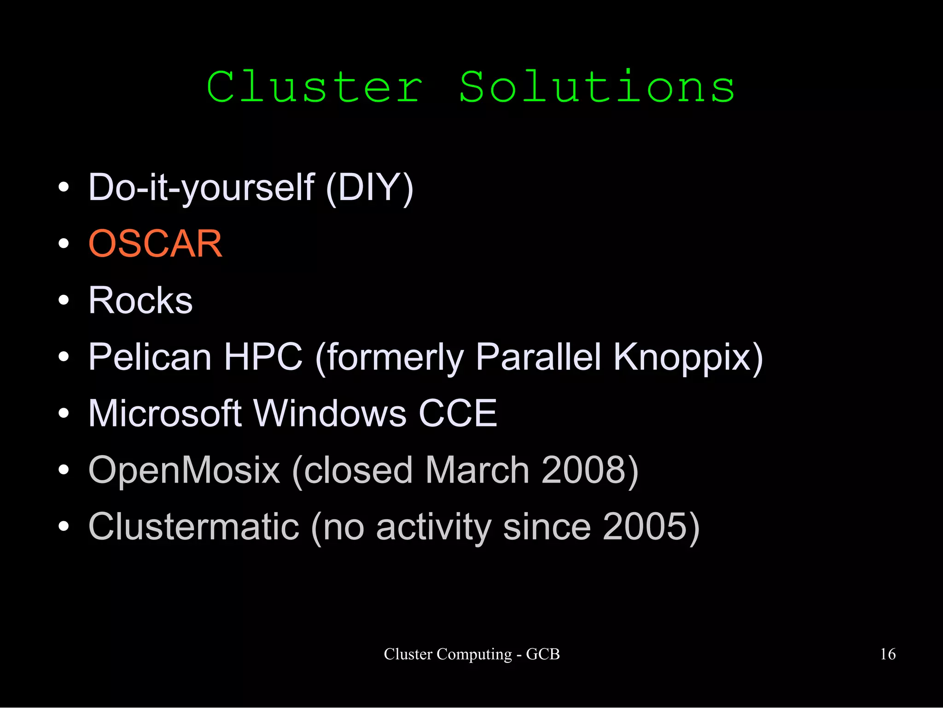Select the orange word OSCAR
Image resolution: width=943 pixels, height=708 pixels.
(155, 243)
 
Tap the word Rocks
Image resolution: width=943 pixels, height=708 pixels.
(140, 300)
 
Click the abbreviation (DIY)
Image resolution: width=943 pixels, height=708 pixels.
(369, 187)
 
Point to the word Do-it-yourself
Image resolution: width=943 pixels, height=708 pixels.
(201, 187)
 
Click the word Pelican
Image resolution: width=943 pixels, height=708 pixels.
(150, 357)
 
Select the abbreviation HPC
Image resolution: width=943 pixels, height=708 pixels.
(263, 357)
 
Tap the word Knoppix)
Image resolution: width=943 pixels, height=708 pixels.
(688, 357)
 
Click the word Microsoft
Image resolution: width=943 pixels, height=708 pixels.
(165, 413)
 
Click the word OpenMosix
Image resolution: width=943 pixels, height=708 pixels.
(184, 470)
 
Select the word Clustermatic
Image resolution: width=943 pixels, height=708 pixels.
(194, 527)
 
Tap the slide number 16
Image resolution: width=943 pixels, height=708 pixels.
(888, 654)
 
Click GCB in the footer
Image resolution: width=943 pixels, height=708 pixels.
(543, 654)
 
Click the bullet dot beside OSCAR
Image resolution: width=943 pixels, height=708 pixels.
(64, 244)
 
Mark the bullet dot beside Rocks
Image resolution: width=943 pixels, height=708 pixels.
(64, 300)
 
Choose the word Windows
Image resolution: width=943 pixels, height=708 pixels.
(330, 413)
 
